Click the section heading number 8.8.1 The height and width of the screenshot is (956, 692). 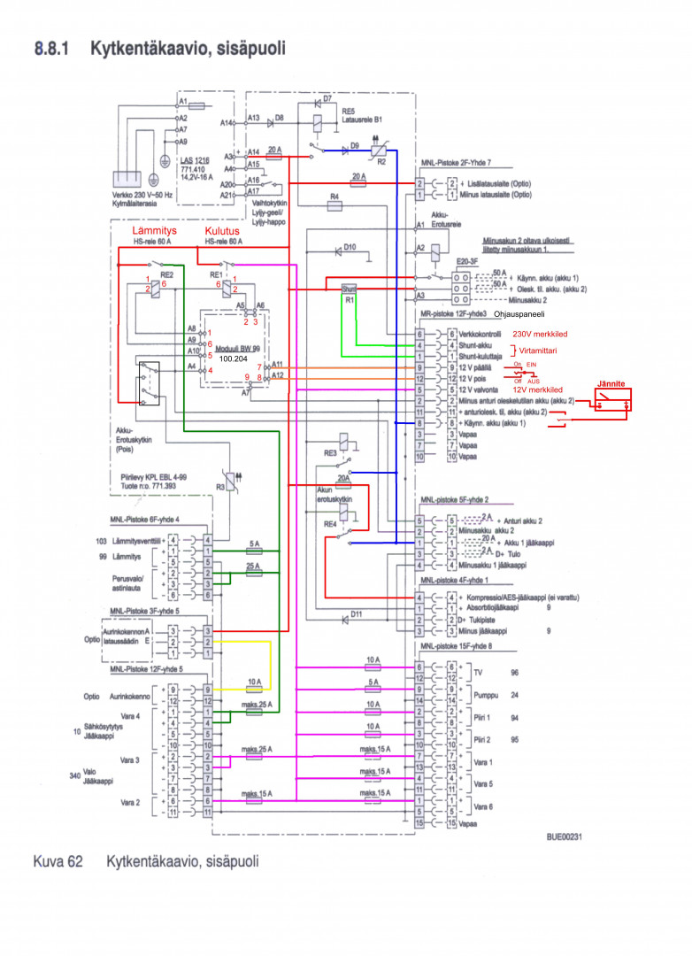coord(53,48)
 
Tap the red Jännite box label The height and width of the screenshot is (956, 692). coord(611,384)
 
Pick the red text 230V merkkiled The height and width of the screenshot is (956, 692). coord(541,334)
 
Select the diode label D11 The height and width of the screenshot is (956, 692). coord(357,614)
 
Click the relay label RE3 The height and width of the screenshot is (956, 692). coord(329,452)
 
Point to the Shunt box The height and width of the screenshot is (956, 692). coord(348,289)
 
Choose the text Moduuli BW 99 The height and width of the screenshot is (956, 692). coord(238,350)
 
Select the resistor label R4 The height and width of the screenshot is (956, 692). coord(334,195)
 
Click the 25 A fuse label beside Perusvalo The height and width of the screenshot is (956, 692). coord(254,567)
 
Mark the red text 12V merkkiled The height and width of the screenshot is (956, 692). coord(537,390)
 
